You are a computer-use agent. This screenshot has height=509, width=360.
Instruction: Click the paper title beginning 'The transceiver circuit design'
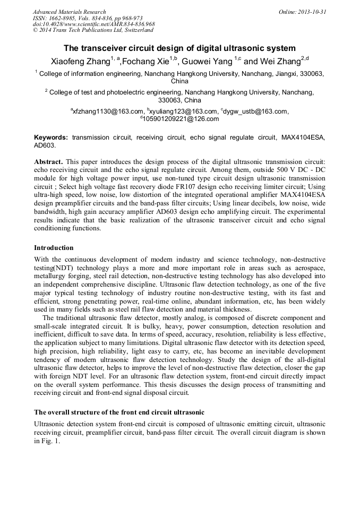(x=179, y=48)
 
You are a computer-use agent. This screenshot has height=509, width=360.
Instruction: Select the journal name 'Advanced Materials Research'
(x=69, y=12)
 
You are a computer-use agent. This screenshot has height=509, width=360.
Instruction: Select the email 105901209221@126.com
(x=181, y=119)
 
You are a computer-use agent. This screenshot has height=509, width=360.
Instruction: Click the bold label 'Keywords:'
(x=51, y=137)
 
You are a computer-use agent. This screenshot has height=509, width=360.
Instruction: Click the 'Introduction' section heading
(x=54, y=247)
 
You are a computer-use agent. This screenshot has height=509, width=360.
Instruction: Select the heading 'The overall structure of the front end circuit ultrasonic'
(x=119, y=412)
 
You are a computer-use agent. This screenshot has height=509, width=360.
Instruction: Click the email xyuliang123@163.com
(x=183, y=111)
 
